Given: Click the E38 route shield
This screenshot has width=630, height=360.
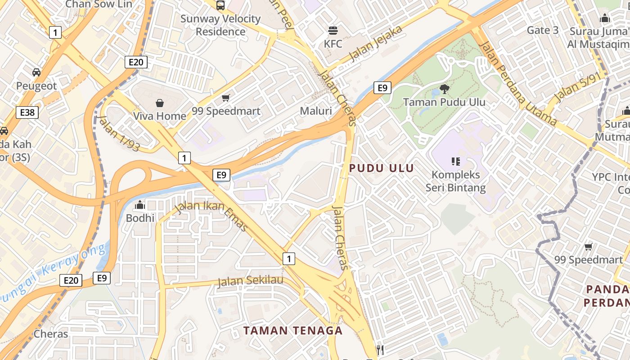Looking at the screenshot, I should point(27,112).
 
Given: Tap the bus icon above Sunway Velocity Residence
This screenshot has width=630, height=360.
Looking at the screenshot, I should point(220,5).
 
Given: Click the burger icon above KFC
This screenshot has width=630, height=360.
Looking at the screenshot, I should point(333,31).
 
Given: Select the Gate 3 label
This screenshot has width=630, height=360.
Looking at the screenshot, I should point(542,30).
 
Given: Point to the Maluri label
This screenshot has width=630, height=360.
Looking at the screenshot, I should point(316,111).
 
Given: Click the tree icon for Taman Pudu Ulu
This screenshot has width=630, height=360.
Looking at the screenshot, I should point(444,89).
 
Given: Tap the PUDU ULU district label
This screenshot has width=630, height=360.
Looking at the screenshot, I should point(382,168).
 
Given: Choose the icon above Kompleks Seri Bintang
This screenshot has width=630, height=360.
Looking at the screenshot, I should point(455,161).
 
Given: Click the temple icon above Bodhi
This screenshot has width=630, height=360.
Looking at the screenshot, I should point(140,205).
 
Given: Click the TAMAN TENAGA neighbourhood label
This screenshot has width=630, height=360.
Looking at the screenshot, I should point(293,331).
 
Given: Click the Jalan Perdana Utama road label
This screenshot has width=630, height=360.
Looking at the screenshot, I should point(517,84).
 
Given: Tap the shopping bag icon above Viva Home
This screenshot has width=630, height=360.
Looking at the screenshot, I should point(159,103).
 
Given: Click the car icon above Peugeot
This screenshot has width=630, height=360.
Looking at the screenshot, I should point(36,72).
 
